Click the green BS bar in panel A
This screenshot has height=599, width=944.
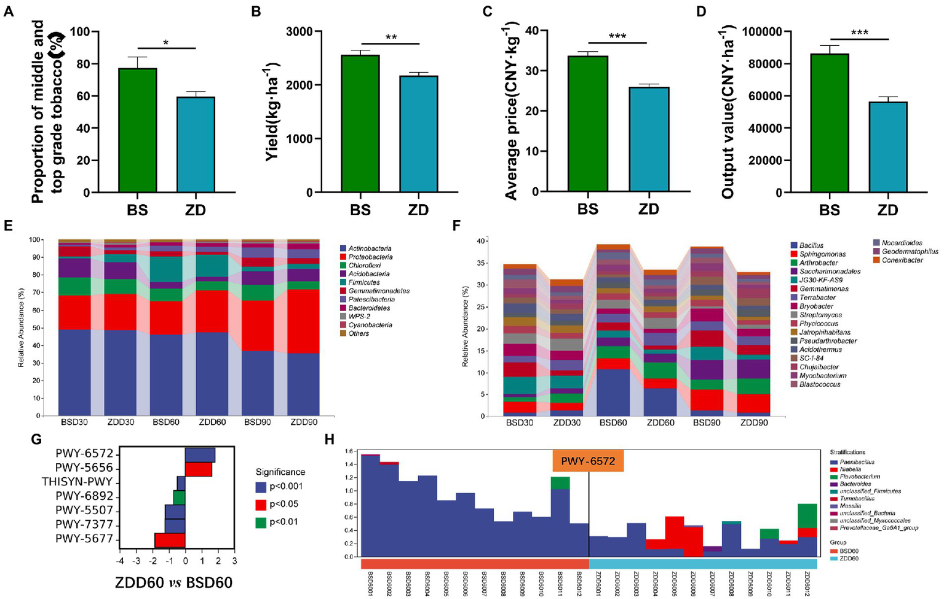pos(138,130)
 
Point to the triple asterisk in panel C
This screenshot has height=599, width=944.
pos(617,36)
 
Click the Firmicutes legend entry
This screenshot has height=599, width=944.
pos(365,282)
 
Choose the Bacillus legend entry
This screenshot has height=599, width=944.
pos(811,245)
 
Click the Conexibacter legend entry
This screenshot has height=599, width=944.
pos(902,260)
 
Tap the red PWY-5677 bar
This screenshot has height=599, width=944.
pos(170,540)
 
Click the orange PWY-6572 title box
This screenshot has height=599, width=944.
pos(588,460)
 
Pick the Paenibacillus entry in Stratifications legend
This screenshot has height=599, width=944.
pos(857,461)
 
